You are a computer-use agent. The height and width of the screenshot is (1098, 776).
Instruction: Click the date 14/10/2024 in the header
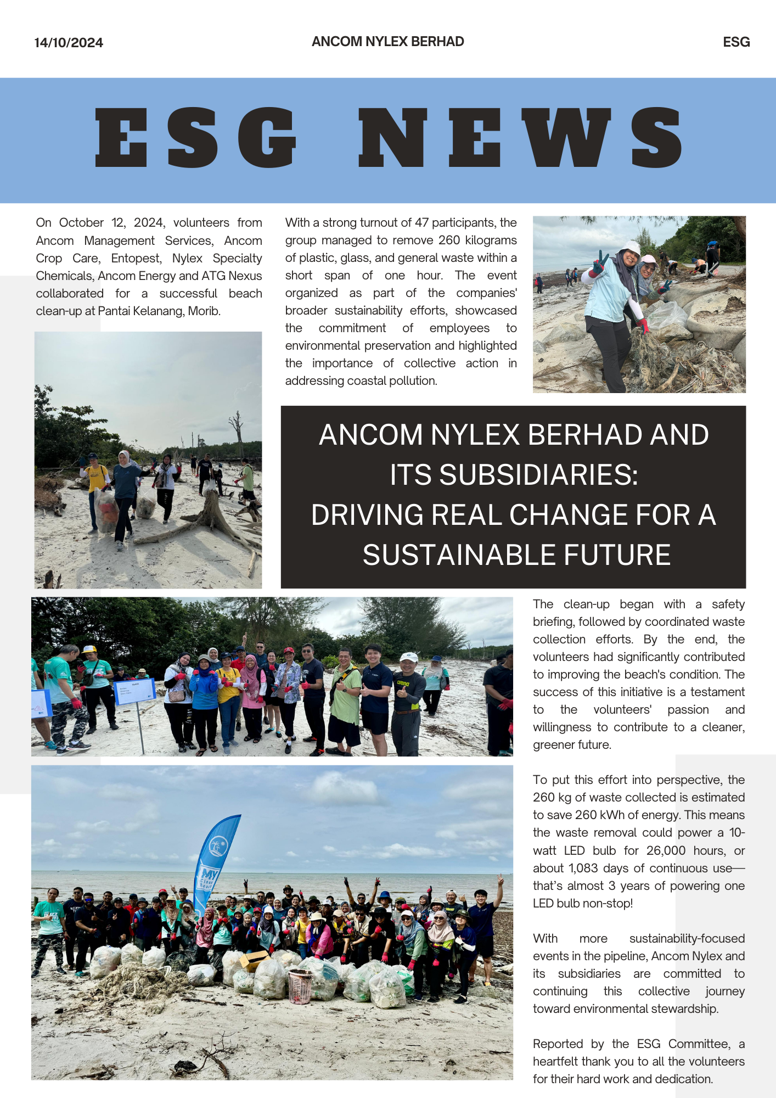point(69,43)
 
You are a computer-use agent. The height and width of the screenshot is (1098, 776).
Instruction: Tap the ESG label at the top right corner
point(736,42)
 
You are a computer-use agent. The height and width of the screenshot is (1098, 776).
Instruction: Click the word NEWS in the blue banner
point(520,137)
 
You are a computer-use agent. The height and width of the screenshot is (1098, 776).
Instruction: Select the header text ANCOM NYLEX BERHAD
point(387,42)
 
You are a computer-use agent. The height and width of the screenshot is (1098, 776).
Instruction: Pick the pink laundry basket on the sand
point(300,986)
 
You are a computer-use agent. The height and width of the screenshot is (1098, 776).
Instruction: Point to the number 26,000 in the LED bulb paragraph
point(666,850)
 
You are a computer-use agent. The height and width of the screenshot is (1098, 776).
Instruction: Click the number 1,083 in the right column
point(583,868)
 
